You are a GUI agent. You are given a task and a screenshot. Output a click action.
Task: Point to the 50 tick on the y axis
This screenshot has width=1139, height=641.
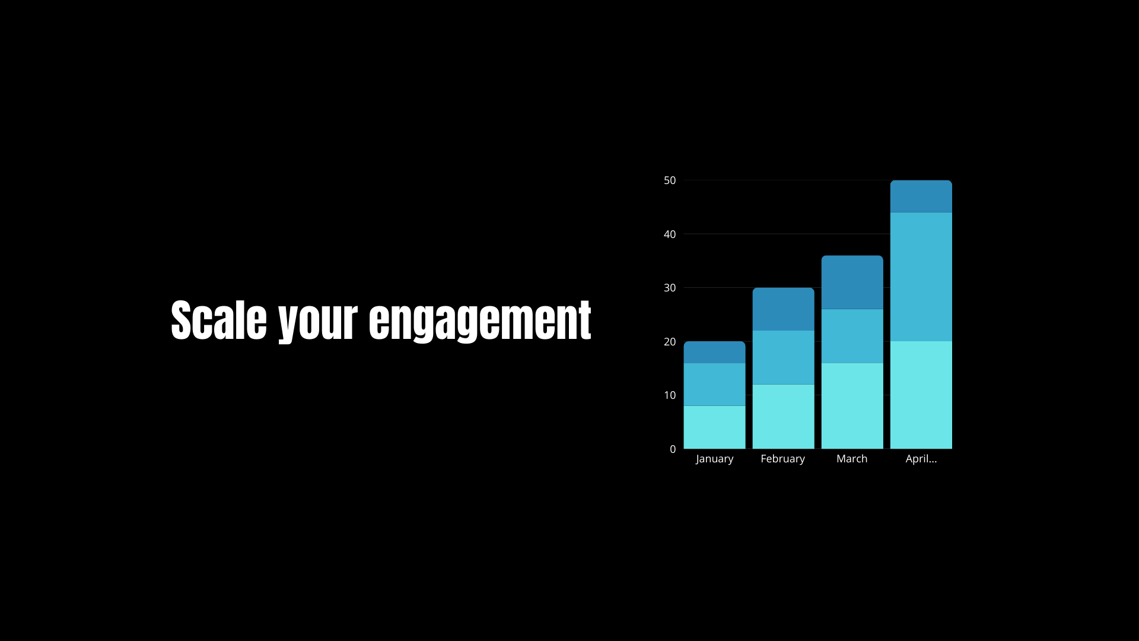[670, 180]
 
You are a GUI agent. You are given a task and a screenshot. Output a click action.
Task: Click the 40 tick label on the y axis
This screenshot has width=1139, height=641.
[670, 234]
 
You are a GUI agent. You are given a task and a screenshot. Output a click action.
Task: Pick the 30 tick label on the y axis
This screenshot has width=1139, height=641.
[670, 288]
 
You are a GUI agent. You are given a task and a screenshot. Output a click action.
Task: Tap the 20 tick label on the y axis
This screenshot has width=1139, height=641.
[670, 342]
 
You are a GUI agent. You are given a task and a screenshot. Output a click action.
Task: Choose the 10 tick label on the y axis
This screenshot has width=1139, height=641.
[670, 395]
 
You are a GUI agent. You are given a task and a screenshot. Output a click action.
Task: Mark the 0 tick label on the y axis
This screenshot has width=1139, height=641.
[673, 449]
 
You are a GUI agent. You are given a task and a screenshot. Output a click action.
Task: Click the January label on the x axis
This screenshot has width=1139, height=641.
[714, 459]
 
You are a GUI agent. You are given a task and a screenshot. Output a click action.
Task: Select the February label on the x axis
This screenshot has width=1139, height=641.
[783, 459]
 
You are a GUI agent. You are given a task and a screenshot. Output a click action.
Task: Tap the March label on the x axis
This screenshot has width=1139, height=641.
[852, 459]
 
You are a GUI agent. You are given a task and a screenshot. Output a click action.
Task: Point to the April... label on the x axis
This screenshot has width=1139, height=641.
[921, 459]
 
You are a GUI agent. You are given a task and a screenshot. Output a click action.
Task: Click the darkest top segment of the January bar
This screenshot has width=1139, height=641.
[714, 352]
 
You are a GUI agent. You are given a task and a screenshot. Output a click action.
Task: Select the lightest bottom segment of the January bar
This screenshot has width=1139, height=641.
[714, 427]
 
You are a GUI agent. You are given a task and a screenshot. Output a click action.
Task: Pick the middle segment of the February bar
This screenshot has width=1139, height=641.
[783, 357]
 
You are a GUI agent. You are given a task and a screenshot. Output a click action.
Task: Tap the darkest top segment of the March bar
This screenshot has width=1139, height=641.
[852, 283]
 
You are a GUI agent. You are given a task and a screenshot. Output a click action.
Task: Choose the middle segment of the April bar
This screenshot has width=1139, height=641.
[921, 277]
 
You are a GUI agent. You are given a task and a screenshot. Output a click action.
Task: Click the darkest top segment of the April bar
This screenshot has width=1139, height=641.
[921, 196]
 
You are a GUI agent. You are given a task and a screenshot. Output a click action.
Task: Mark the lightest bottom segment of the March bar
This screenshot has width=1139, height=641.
[852, 406]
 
